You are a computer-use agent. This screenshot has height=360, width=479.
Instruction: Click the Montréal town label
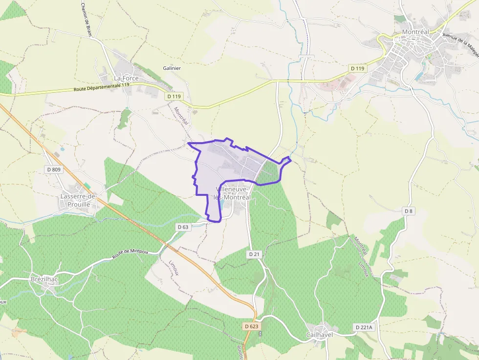pyautogui.click(x=415, y=32)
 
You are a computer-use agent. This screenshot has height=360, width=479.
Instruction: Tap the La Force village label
pyautogui.click(x=126, y=78)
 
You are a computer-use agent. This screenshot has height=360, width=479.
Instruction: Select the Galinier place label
pyautogui.click(x=172, y=68)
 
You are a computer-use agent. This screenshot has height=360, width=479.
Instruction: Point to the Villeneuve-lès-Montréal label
pyautogui.click(x=232, y=193)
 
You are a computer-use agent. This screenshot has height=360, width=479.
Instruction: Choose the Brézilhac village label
pyautogui.click(x=44, y=279)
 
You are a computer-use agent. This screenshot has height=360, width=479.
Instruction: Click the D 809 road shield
pyautogui.click(x=54, y=169)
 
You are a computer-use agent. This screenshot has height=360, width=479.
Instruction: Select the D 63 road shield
pyautogui.click(x=183, y=227)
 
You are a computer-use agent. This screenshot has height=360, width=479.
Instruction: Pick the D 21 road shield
pyautogui.click(x=254, y=254)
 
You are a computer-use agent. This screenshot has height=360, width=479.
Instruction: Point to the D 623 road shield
pyautogui.click(x=250, y=326)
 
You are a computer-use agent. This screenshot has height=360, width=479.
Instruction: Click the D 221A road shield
pyautogui.click(x=364, y=327)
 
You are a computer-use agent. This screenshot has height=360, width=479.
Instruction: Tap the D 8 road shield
pyautogui.click(x=409, y=211)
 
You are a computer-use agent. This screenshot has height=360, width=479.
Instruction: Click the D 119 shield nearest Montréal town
pyautogui.click(x=357, y=68)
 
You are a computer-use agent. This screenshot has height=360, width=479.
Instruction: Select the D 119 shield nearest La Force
pyautogui.click(x=174, y=96)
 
